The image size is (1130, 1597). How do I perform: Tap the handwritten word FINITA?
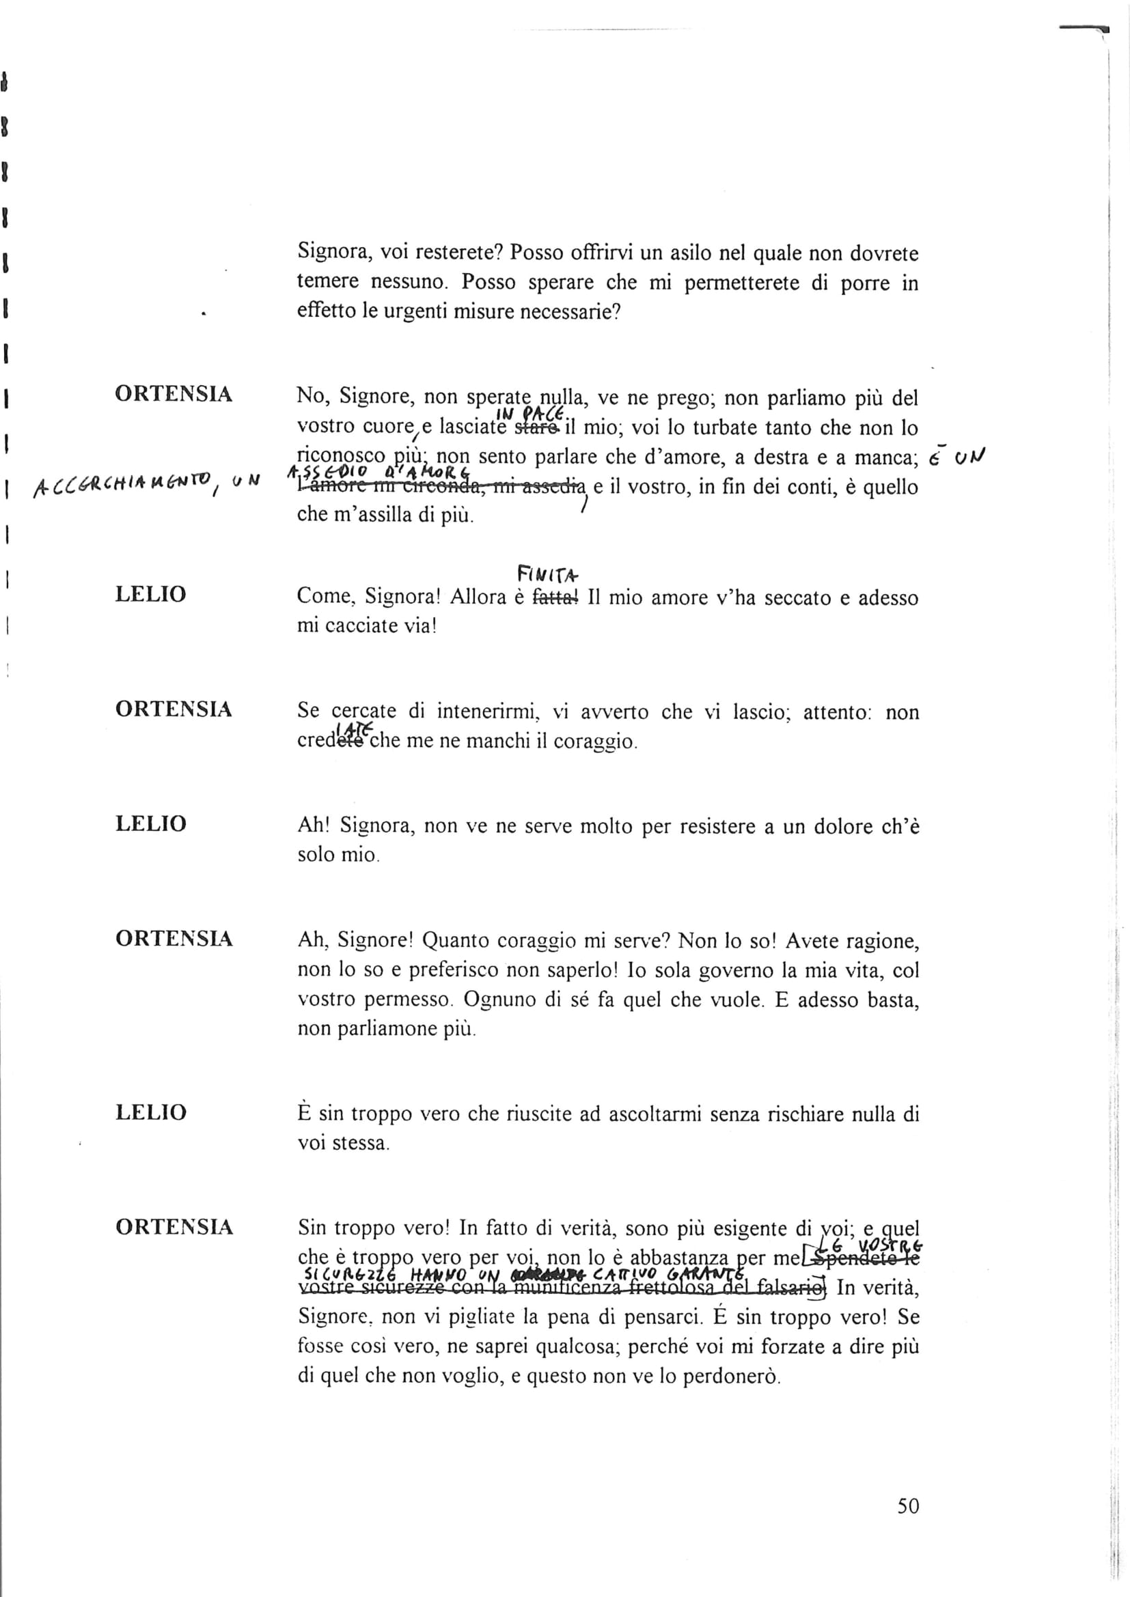[x=548, y=574]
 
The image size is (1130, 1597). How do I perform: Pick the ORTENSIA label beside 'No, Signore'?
[x=174, y=394]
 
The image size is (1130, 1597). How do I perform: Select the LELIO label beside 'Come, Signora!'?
[x=151, y=594]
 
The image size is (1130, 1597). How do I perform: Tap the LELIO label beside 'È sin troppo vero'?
[x=151, y=1112]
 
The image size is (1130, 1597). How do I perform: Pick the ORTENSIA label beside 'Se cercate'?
[x=174, y=709]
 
